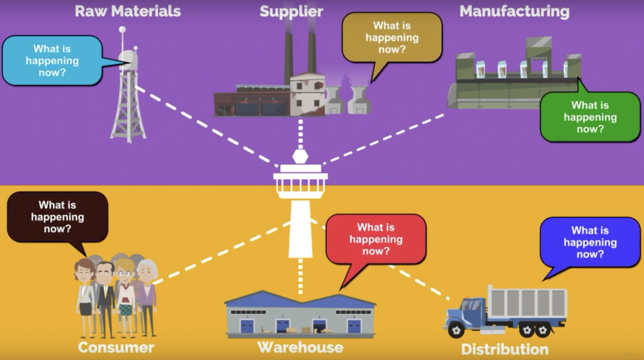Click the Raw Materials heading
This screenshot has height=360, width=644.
click(x=128, y=11)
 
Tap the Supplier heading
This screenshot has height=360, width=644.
click(x=291, y=12)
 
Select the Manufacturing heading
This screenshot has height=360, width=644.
click(x=514, y=11)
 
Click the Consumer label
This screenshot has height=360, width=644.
click(x=115, y=348)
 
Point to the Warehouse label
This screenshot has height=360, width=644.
click(x=300, y=348)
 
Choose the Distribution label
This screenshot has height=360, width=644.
click(x=505, y=349)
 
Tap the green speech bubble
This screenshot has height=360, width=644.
click(x=590, y=117)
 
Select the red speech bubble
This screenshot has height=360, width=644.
click(x=376, y=239)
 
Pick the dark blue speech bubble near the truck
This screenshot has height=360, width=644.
click(x=590, y=242)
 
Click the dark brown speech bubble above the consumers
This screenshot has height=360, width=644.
click(x=57, y=217)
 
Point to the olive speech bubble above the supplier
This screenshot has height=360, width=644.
click(x=392, y=37)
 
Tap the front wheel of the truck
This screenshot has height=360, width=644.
click(x=456, y=330)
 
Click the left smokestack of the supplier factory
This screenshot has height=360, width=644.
click(x=289, y=53)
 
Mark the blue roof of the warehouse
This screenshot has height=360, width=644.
click(x=300, y=300)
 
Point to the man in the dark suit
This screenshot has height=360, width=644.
click(x=104, y=294)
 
